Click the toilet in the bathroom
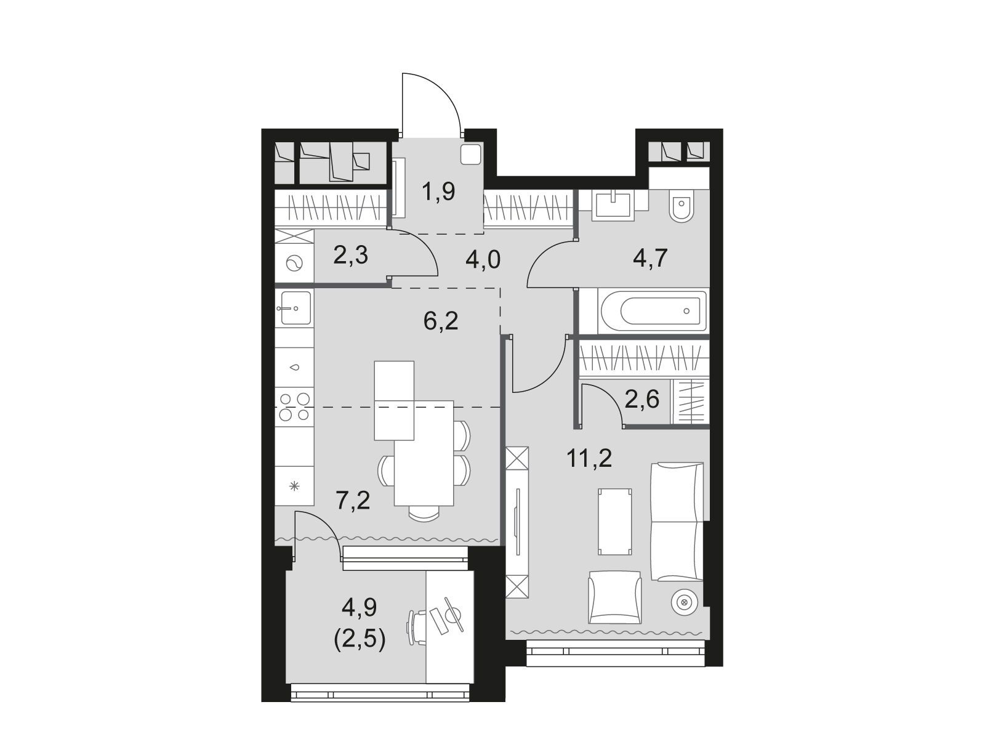click(681, 206)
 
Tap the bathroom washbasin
click(613, 205)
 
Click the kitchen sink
click(294, 308)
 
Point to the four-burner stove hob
click(294, 406)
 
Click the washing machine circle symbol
click(294, 263)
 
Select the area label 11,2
click(589, 459)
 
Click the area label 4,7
click(650, 258)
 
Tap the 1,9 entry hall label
click(438, 191)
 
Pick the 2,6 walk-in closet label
click(641, 398)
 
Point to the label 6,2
click(441, 320)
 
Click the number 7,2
click(353, 500)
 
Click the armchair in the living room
click(615, 597)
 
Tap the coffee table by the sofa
click(615, 522)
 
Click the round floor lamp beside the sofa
click(685, 602)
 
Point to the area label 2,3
click(350, 256)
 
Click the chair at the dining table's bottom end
click(424, 512)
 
